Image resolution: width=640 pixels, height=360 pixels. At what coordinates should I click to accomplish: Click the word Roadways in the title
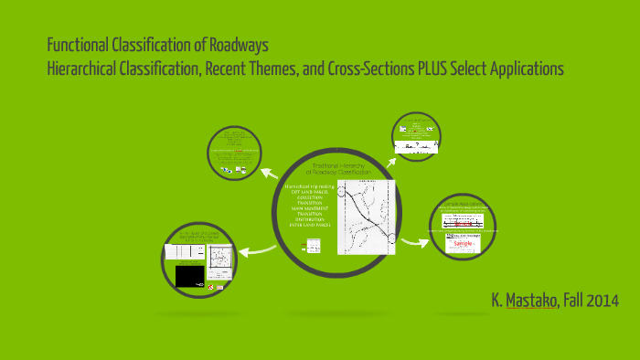[240, 45]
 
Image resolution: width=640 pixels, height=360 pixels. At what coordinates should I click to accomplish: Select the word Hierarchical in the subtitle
[85, 69]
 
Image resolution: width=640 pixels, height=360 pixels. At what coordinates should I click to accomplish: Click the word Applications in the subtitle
[519, 69]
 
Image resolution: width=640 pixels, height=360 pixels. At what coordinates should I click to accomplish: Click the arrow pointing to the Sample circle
[415, 241]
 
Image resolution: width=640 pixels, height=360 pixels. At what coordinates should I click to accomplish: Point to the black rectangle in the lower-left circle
[189, 275]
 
